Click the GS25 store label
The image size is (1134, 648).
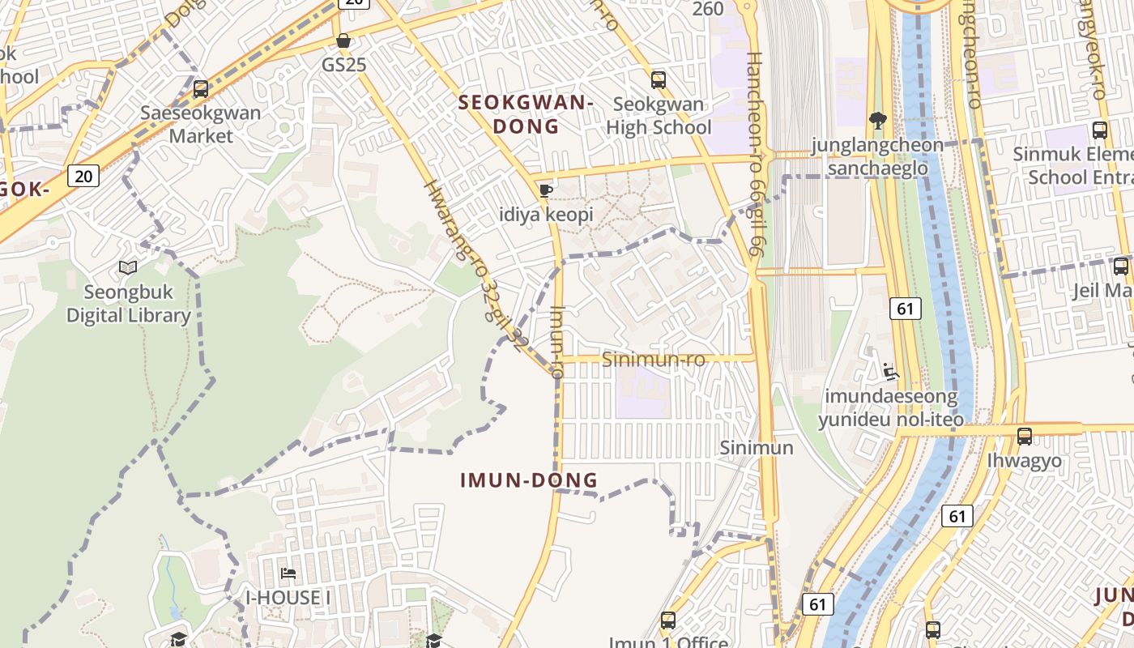click(x=344, y=64)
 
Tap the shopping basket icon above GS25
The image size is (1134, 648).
click(x=343, y=40)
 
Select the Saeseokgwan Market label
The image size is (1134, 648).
click(x=201, y=124)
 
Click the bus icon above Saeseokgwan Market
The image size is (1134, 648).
click(x=201, y=88)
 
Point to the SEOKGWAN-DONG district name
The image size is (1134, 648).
click(x=526, y=114)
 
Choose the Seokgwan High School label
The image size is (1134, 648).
click(x=659, y=116)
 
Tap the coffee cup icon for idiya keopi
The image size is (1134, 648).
click(x=546, y=191)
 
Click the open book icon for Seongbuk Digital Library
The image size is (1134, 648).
click(x=128, y=267)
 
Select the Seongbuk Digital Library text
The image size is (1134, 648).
click(x=128, y=304)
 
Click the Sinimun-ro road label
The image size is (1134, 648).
click(x=654, y=359)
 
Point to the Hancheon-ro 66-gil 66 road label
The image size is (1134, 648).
click(x=752, y=154)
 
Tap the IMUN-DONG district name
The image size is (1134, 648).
click(x=529, y=480)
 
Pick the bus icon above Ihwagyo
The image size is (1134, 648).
click(x=1025, y=437)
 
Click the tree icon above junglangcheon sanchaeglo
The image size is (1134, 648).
click(x=877, y=122)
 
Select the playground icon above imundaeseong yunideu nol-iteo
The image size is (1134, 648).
click(x=891, y=372)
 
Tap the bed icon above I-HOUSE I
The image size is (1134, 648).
click(x=288, y=573)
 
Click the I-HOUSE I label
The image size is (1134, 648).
click(x=288, y=598)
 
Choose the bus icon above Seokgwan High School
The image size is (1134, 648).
click(x=659, y=79)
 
